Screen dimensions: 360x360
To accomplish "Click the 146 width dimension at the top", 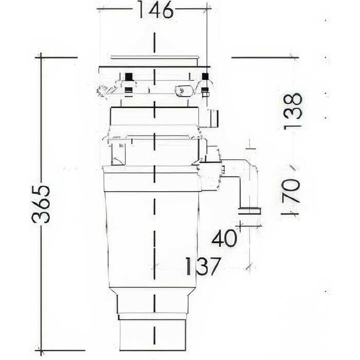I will point(154,10).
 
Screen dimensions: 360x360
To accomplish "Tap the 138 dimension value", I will point(294,111).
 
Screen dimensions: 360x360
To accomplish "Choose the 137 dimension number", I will point(203,266).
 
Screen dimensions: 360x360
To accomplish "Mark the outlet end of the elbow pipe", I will point(249,210).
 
